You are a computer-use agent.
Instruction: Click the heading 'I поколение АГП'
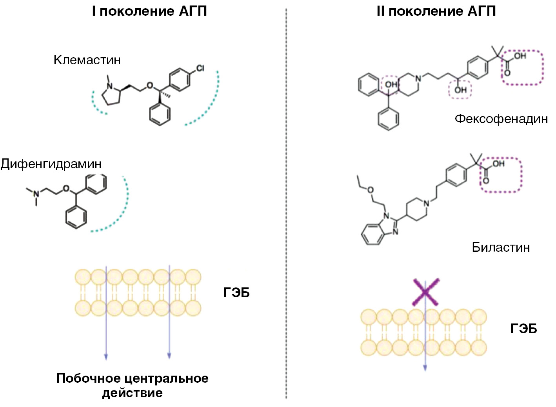[x=149, y=11]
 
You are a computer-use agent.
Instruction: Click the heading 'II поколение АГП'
[x=436, y=11]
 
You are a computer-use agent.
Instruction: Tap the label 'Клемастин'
[x=87, y=60]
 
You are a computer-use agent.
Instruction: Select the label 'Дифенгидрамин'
[x=51, y=164]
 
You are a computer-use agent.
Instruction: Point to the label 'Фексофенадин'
[x=501, y=118]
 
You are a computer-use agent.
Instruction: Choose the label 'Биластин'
[x=501, y=247]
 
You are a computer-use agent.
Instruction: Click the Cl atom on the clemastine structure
[x=200, y=69]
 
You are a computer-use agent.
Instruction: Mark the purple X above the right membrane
[x=425, y=292]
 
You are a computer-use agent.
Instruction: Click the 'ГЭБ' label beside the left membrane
[x=236, y=293]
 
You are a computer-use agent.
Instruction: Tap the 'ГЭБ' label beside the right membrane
[x=523, y=329]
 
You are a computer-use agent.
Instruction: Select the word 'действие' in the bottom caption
[x=132, y=393]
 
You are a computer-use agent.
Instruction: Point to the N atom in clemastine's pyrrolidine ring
[x=110, y=85]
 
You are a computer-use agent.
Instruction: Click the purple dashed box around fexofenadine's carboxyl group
[x=523, y=67]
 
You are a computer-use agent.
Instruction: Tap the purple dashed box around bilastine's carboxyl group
[x=501, y=174]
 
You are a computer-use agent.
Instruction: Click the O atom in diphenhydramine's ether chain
[x=66, y=189]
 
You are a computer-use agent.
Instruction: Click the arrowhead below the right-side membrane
[x=425, y=367]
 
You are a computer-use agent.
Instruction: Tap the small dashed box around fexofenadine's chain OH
[x=460, y=90]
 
